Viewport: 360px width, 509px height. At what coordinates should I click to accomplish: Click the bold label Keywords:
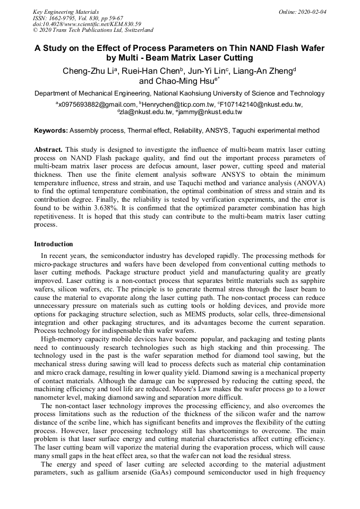pos(51,130)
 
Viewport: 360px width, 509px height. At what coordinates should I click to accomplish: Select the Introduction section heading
pos(54,244)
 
